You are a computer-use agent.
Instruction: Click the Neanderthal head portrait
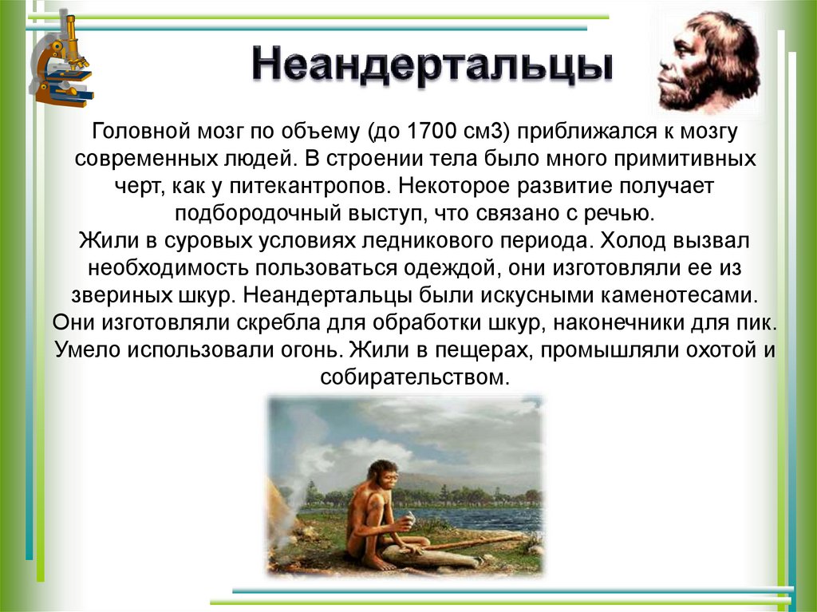click(707, 62)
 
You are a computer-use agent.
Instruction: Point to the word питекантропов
click(326, 185)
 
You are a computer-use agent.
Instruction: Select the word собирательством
click(413, 377)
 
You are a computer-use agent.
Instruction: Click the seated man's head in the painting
click(386, 476)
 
